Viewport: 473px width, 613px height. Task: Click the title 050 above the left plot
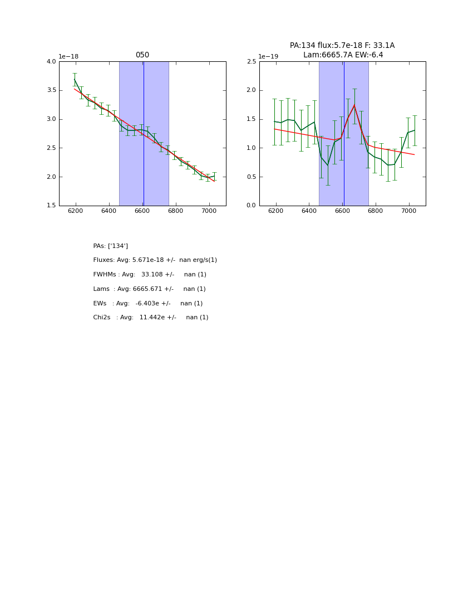[142, 55]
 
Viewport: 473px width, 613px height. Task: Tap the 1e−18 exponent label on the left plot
[68, 57]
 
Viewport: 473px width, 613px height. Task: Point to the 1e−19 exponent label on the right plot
[268, 57]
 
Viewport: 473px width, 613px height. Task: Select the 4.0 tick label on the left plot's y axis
[51, 62]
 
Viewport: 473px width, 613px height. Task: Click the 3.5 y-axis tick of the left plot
[51, 90]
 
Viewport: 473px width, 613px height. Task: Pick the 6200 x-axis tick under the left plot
[76, 212]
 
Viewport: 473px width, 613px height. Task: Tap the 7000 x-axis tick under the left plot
[209, 212]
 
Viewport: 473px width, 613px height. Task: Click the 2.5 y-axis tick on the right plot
[252, 62]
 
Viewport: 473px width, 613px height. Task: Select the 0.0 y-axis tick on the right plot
[252, 206]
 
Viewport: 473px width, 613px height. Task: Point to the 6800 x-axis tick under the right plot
[376, 212]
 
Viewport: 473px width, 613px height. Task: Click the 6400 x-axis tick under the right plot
[309, 212]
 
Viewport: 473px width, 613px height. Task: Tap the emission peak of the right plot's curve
[354, 105]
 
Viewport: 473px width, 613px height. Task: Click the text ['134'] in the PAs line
[118, 246]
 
